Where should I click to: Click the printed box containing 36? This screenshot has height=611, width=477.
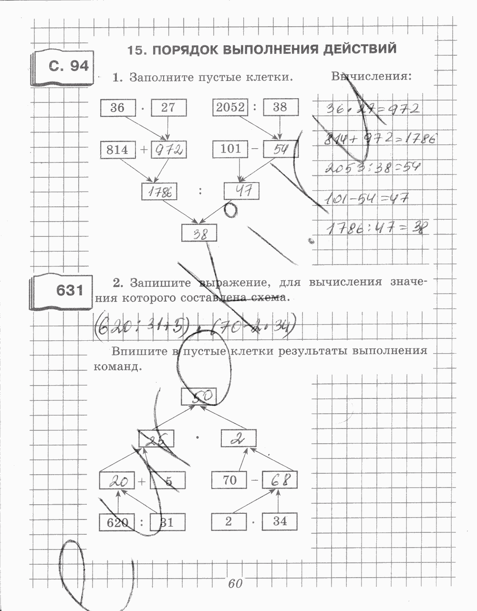(117, 108)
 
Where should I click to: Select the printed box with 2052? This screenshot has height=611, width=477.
(230, 108)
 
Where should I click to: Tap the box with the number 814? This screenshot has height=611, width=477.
(117, 150)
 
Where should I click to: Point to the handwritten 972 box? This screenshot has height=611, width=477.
(168, 150)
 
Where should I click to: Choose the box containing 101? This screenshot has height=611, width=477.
(230, 149)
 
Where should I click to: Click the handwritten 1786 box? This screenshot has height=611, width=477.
(160, 192)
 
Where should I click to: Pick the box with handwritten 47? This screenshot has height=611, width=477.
(242, 192)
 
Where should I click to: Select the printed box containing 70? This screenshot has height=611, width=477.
(229, 480)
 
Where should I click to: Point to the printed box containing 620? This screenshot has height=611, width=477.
(117, 522)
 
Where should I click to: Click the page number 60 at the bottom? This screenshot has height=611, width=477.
(235, 583)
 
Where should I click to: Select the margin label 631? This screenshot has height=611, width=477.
(70, 290)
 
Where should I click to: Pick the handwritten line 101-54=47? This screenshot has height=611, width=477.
(367, 198)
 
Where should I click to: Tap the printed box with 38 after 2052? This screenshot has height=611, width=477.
(280, 108)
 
